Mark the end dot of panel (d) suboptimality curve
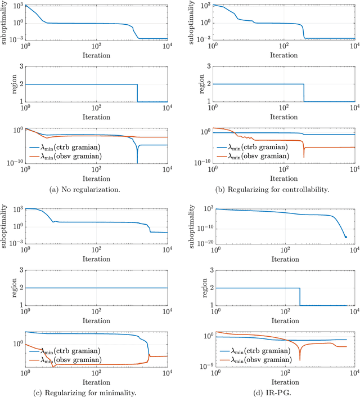345,237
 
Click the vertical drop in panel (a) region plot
137,93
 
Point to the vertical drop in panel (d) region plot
299,297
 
